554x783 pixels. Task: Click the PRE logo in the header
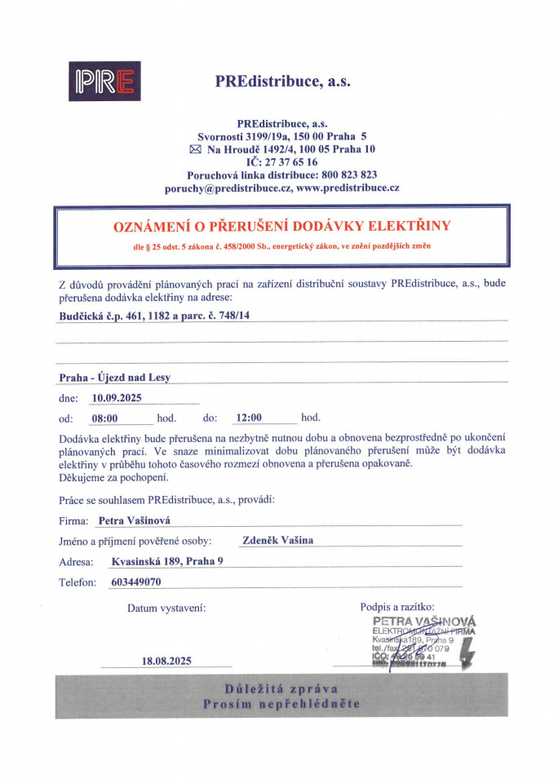pos(105,81)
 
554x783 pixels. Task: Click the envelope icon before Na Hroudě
pos(194,150)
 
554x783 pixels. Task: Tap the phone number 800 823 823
pos(348,175)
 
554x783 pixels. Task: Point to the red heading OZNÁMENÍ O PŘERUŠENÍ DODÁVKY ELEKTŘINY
pos(281,225)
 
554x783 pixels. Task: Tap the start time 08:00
pos(105,418)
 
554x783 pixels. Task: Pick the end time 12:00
pos(248,418)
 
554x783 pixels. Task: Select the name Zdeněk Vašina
pos(277,540)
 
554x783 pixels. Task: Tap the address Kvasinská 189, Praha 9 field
pos(166,561)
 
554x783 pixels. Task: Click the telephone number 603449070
pos(135,582)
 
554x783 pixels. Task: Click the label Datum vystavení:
pos(166,608)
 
